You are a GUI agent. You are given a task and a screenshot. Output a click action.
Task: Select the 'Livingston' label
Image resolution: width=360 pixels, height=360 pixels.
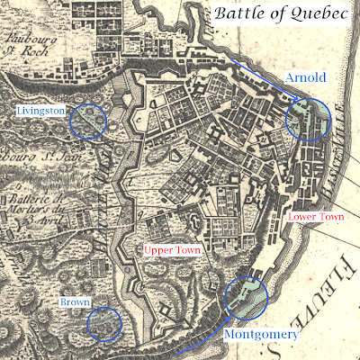pyautogui.click(x=41, y=111)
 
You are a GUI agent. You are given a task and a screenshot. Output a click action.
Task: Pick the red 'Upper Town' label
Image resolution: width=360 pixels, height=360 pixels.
pyautogui.click(x=173, y=247)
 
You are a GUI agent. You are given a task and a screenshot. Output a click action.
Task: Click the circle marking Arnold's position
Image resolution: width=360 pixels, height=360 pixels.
pyautogui.click(x=308, y=118)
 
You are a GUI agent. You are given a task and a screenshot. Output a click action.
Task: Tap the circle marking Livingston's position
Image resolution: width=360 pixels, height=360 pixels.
pyautogui.click(x=88, y=121)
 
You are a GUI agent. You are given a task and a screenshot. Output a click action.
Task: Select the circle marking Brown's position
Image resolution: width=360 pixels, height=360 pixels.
pyautogui.click(x=104, y=323)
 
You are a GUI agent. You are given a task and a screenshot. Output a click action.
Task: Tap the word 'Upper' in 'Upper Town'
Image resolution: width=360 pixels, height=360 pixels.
pyautogui.click(x=159, y=247)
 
